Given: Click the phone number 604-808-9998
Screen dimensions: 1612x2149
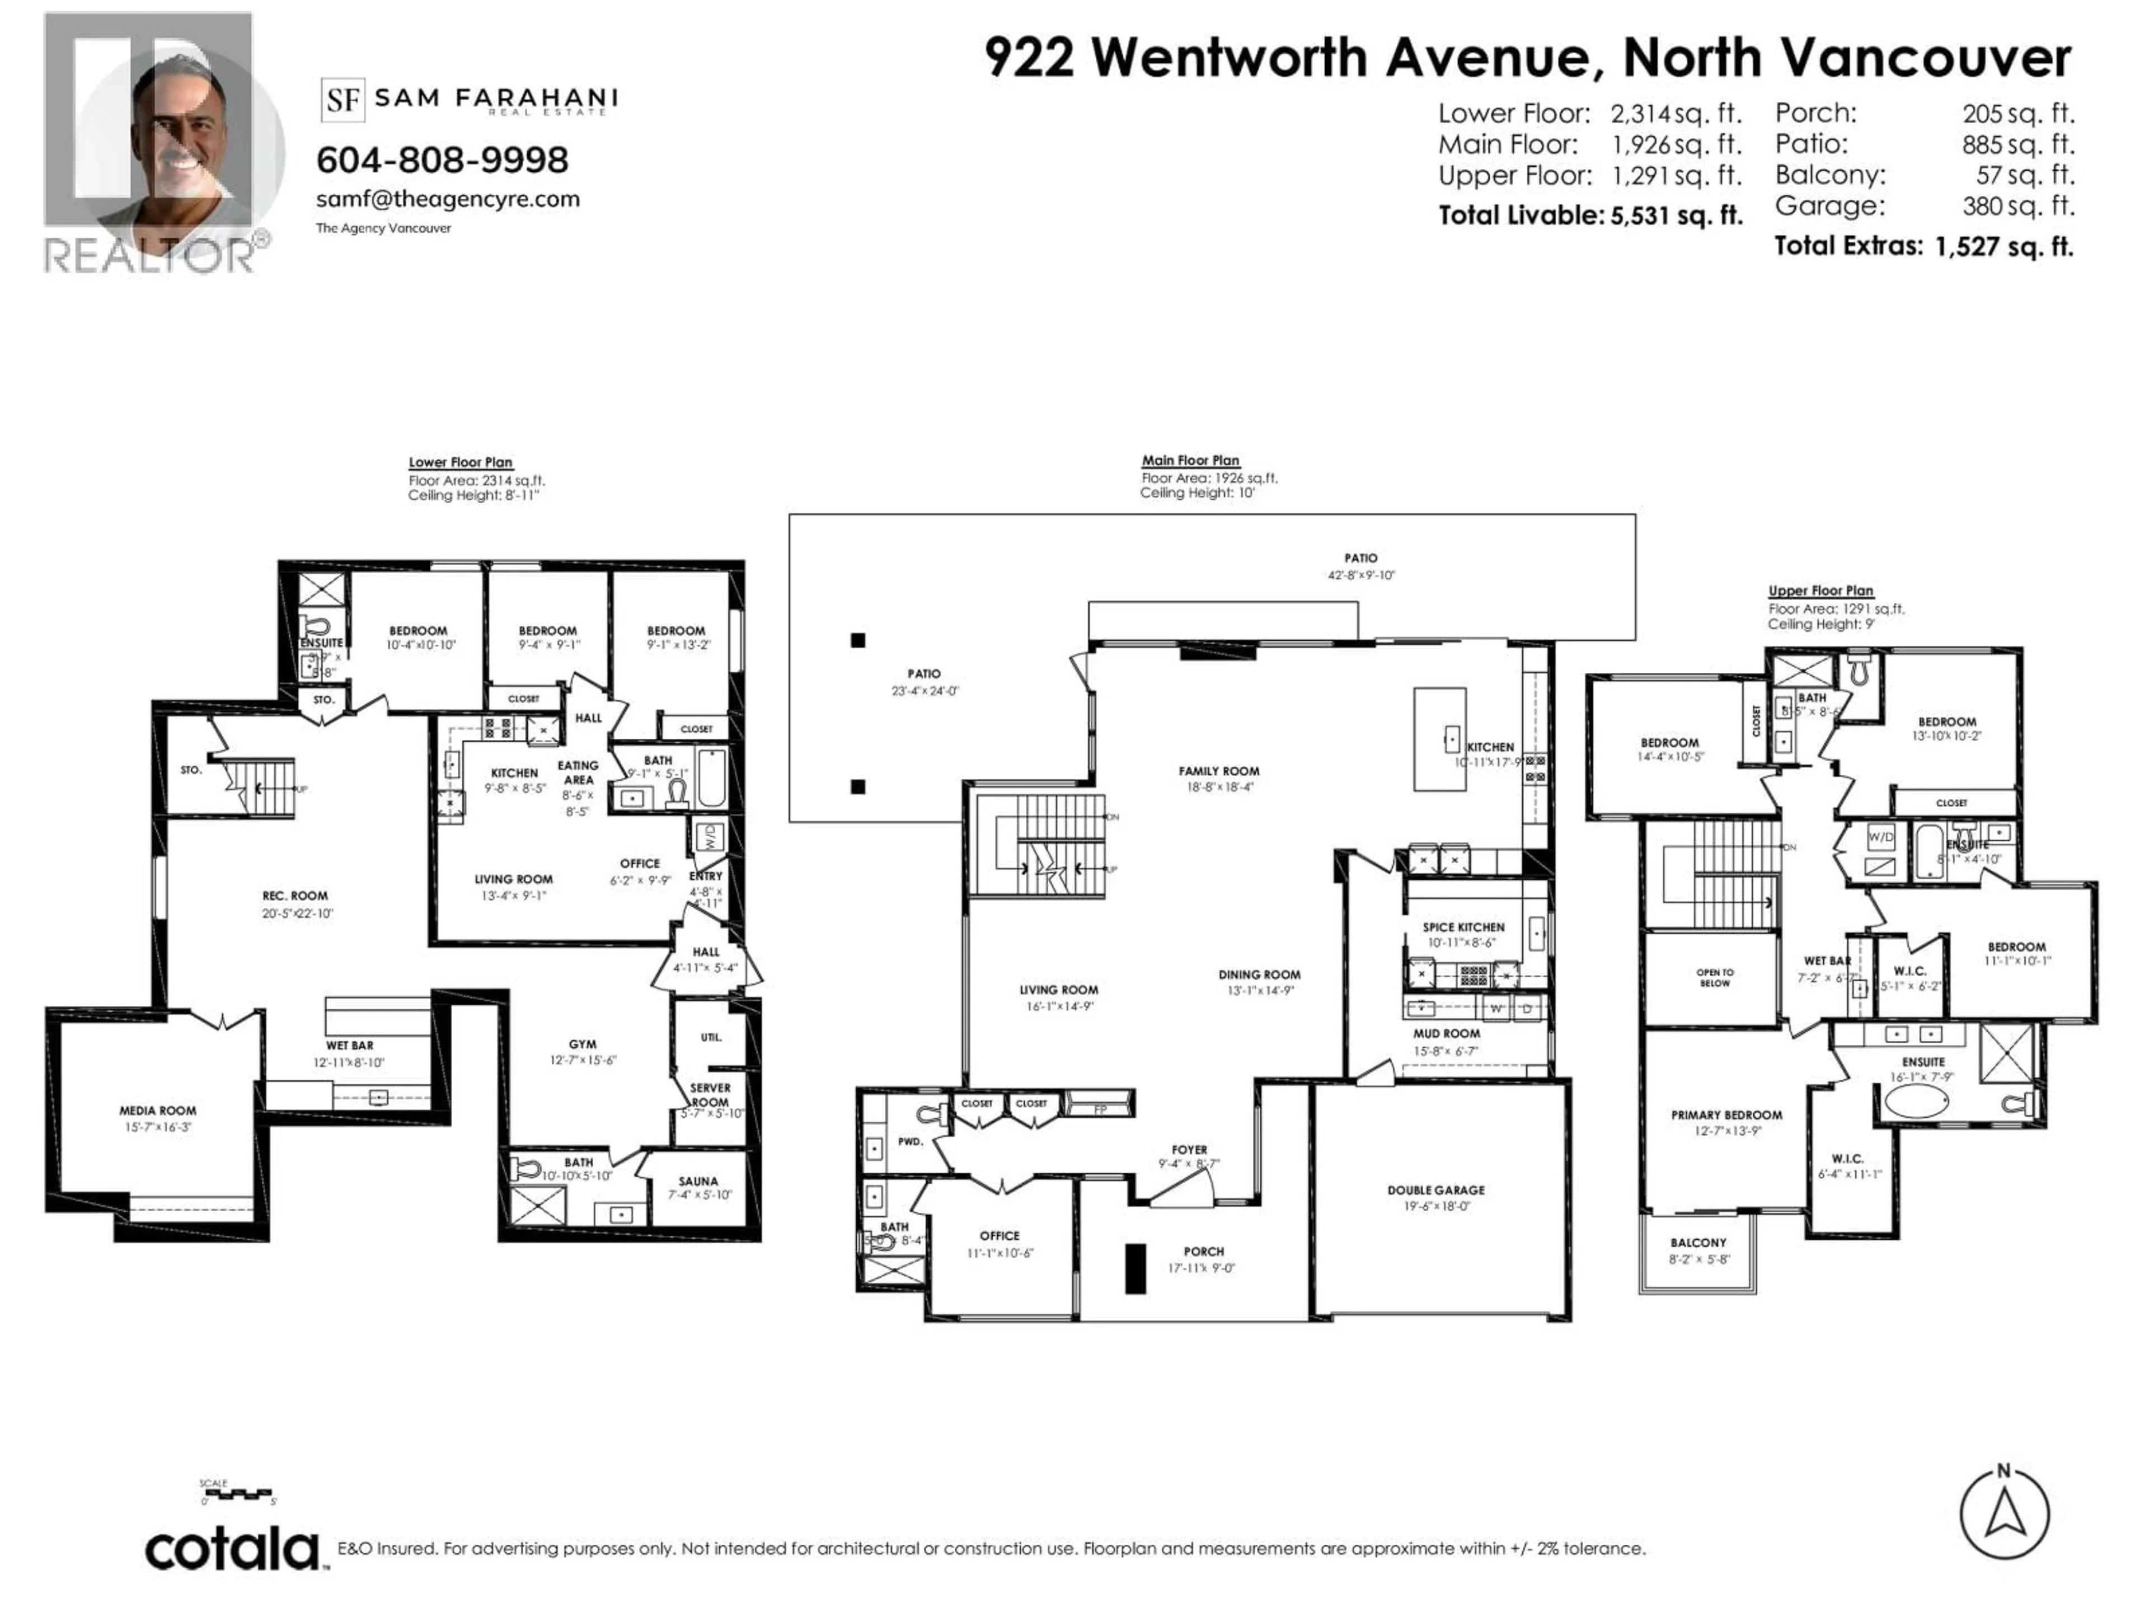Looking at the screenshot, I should point(442,160).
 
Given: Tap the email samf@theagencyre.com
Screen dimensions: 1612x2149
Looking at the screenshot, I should point(448,199).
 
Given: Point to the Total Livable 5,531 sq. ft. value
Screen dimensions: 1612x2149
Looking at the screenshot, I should point(1676,215).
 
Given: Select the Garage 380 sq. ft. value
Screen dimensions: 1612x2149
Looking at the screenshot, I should point(2018,206).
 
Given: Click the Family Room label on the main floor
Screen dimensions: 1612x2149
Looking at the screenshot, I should point(1218,771).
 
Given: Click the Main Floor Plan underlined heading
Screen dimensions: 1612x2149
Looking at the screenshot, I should point(1190,461).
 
